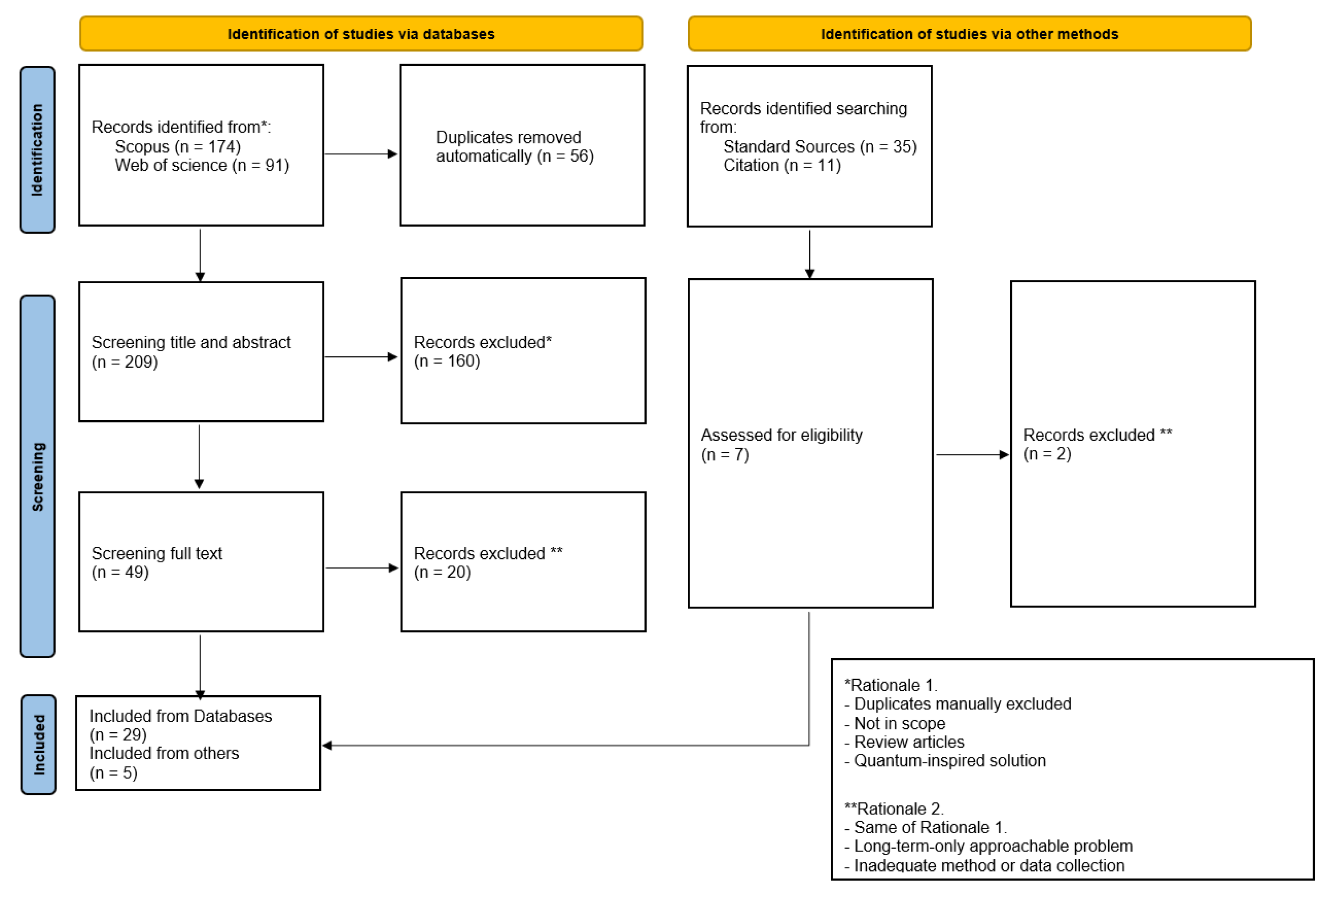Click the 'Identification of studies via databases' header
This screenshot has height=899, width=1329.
pos(361,34)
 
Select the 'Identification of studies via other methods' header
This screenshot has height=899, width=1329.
pos(969,34)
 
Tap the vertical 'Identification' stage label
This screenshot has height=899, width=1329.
pos(37,150)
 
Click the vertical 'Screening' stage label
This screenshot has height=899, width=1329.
pos(37,476)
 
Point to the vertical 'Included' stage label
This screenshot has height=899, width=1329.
pos(38,744)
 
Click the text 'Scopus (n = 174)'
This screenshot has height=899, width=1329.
pos(178,146)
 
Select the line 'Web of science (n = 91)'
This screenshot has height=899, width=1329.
pos(202,165)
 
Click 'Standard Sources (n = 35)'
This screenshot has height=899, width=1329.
pos(819,146)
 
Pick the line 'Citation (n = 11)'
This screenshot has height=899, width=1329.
pos(782,165)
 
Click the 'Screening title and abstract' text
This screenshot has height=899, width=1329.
pos(191,342)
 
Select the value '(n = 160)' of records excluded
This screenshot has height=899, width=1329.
pos(447,361)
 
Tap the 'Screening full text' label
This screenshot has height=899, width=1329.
pos(157,553)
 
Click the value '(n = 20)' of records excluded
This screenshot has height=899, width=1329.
pos(442,572)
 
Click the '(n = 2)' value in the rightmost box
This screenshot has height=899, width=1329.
pos(1047,454)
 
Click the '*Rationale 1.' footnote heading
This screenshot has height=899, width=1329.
pos(891,685)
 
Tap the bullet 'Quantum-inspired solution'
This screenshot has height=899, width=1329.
pos(949,760)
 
